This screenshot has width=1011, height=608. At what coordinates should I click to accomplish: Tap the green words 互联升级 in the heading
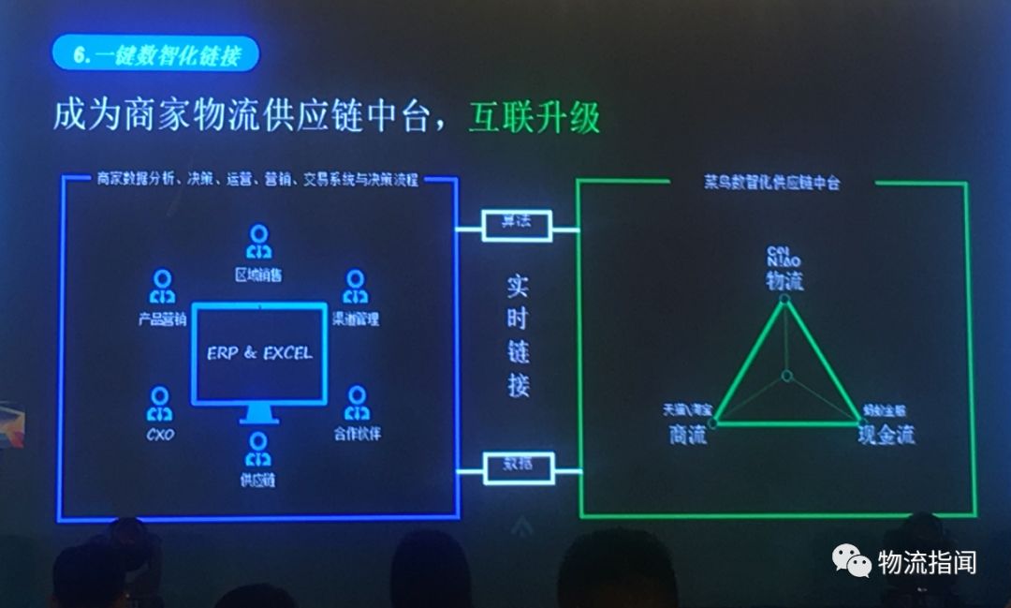click(534, 117)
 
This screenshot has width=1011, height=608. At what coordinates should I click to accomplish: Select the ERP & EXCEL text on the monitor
click(260, 353)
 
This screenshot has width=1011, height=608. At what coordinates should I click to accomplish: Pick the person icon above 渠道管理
click(355, 286)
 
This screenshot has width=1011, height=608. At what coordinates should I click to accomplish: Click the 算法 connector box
click(516, 222)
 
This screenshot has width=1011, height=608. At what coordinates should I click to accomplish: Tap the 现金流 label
click(886, 435)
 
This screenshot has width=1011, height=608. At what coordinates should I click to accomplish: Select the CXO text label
click(161, 435)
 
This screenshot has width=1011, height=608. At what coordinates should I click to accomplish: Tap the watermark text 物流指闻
click(927, 562)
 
